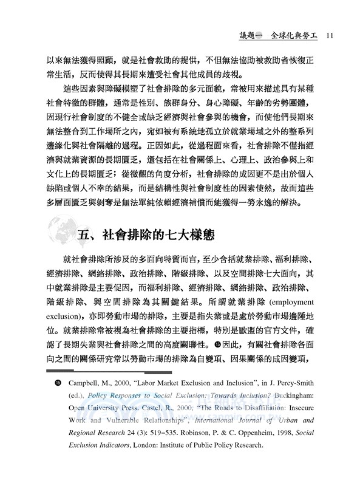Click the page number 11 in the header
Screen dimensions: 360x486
pos(327,34)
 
